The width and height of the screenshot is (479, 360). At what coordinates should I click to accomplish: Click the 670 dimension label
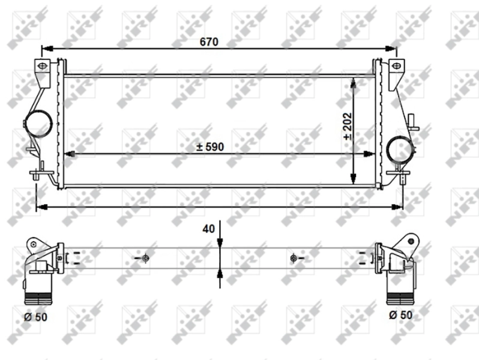click(209, 42)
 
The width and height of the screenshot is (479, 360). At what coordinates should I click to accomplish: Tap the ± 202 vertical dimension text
click(348, 127)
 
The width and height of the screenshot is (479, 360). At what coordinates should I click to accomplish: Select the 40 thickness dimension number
click(208, 229)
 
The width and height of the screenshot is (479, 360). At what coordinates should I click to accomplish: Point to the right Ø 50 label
click(400, 315)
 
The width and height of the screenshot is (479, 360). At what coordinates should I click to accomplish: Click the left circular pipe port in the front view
click(38, 123)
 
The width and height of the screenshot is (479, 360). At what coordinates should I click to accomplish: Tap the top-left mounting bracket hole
click(43, 65)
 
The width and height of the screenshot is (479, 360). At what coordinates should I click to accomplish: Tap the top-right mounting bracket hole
click(395, 65)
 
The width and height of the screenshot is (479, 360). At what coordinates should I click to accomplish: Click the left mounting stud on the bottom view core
click(145, 258)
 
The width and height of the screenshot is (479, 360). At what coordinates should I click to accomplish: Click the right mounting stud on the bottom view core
click(293, 258)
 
